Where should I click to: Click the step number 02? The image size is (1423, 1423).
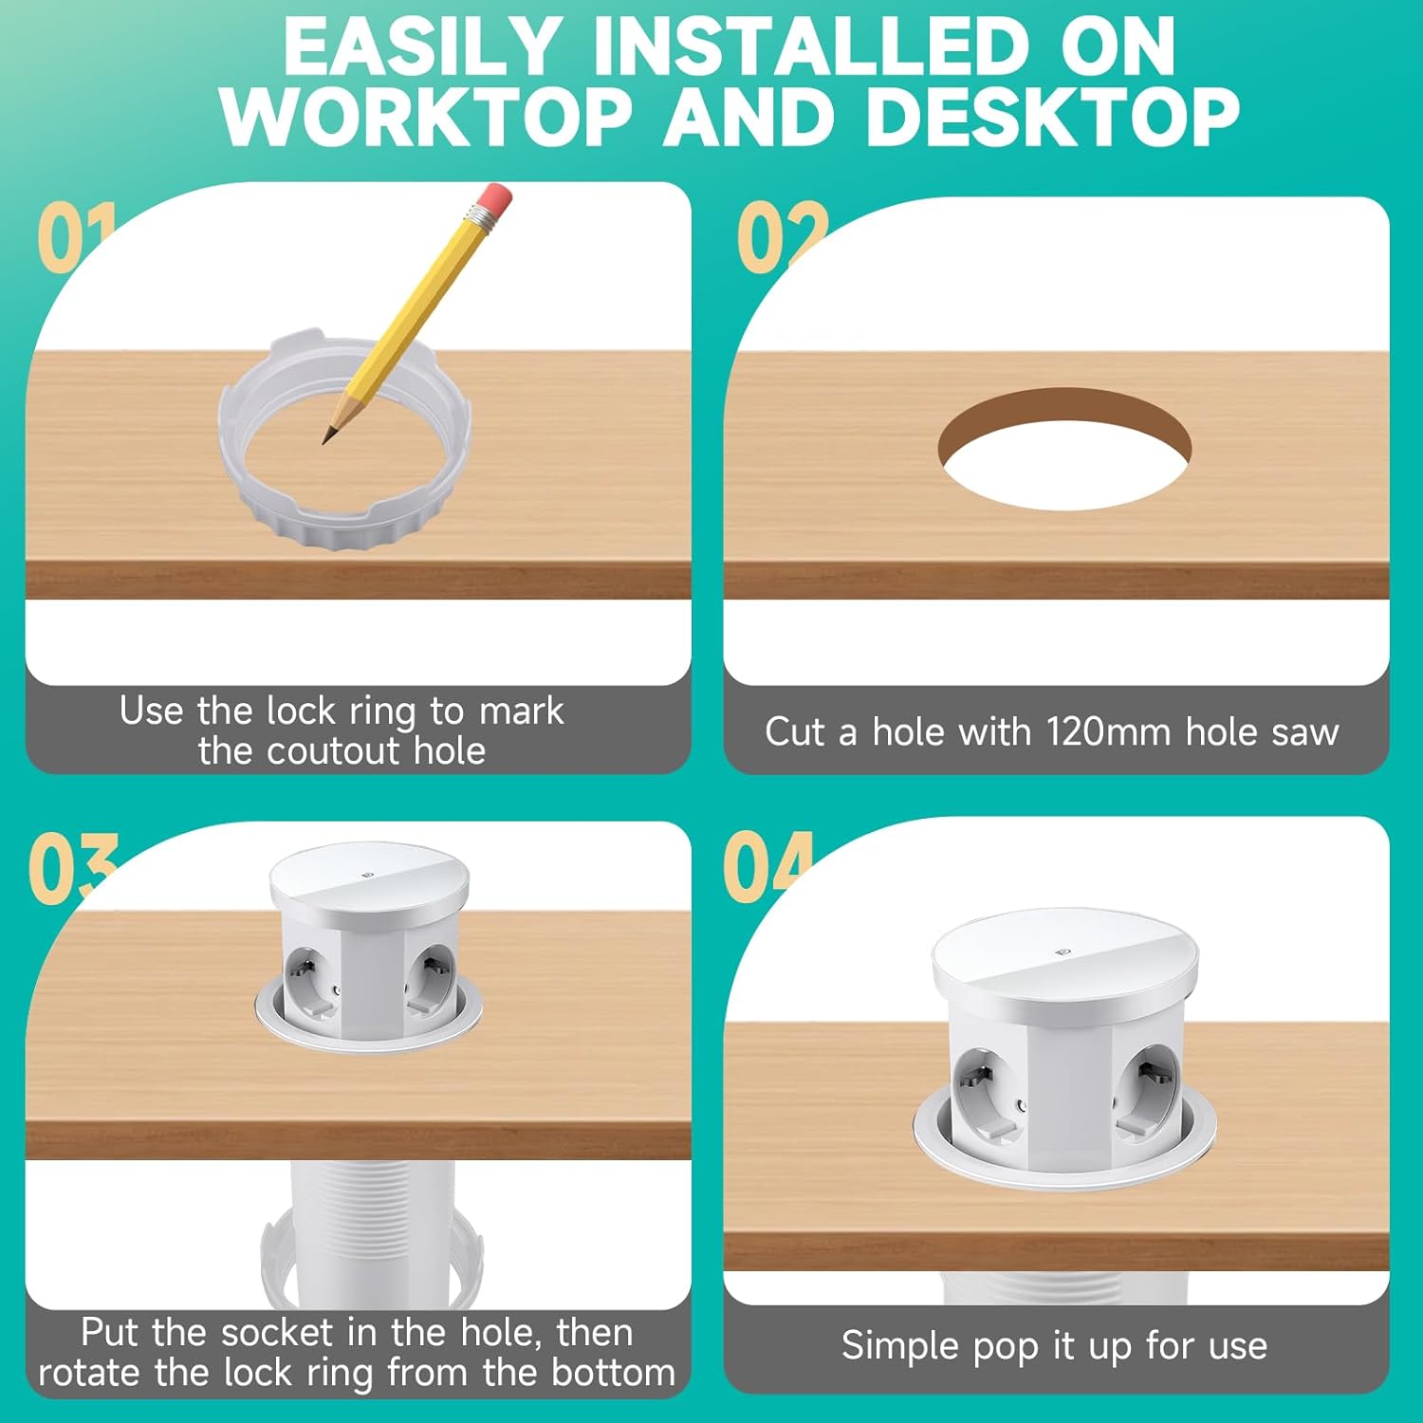point(782,237)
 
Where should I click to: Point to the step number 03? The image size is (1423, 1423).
point(72,867)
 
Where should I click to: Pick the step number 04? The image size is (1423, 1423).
point(768,867)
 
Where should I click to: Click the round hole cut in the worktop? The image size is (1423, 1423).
point(1064,449)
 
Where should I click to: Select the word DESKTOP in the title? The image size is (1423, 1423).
point(1052,118)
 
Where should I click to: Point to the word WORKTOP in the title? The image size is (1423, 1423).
point(427,118)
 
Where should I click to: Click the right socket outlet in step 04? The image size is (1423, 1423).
point(1147,1089)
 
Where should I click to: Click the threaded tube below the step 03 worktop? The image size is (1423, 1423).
point(373,1233)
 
